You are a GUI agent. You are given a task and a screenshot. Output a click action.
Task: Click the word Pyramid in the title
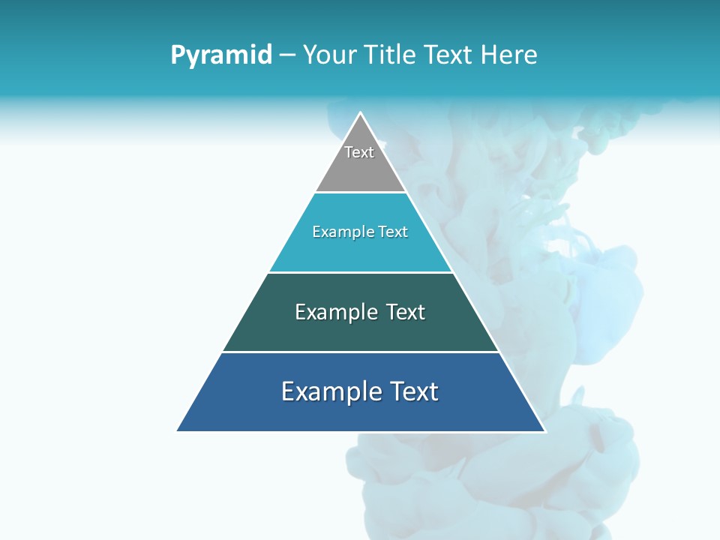(x=221, y=55)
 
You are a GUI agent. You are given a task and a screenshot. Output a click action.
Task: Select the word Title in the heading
(x=394, y=55)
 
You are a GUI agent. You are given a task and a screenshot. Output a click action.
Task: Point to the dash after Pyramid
(x=287, y=55)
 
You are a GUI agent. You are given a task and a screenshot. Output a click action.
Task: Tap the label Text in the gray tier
(x=359, y=152)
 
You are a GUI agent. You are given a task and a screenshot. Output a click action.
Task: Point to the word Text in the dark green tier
(x=405, y=312)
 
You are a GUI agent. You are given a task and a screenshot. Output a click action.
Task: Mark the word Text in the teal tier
(x=393, y=232)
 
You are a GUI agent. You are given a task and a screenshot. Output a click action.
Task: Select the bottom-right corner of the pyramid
(x=544, y=430)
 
